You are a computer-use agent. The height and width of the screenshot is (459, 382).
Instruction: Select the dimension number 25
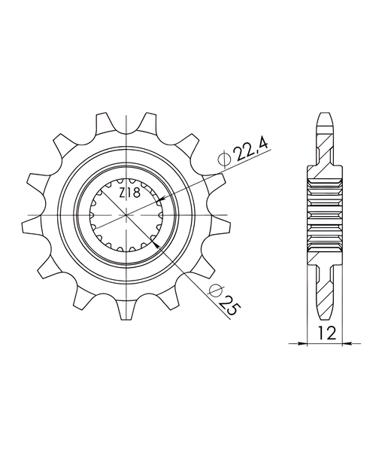[x=229, y=306]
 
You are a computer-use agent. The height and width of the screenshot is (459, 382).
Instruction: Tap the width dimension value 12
[x=326, y=333]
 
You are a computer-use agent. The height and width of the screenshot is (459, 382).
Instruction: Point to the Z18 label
[x=130, y=193]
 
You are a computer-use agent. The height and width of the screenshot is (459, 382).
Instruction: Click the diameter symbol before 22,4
[x=225, y=158]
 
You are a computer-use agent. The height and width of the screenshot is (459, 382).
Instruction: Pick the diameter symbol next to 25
[x=216, y=290]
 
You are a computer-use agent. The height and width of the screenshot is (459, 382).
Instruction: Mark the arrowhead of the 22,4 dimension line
[x=161, y=200]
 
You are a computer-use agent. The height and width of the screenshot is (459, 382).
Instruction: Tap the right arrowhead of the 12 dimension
[x=347, y=343]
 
